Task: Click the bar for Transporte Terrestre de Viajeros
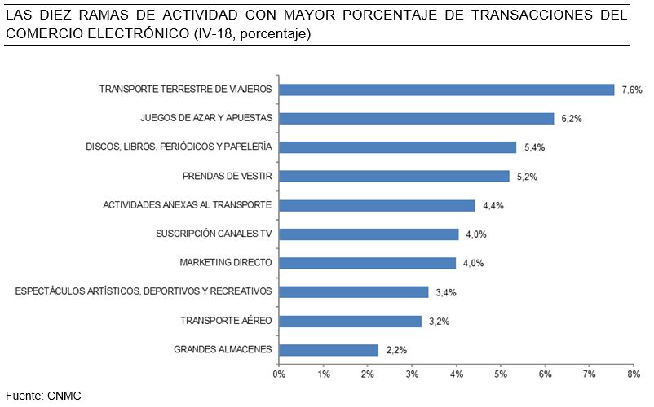coord(446,90)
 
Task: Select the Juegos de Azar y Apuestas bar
coord(416,118)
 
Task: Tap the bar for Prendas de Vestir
coord(394,176)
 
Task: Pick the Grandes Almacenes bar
coord(329,350)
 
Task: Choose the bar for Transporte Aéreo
coord(350,321)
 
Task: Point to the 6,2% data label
coord(569,119)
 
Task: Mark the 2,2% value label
coord(395,350)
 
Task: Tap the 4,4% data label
coord(492,206)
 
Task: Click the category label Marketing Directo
coord(226,263)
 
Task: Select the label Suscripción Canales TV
coord(214,234)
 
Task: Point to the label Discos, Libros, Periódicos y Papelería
coord(179,147)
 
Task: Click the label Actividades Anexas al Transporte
coord(187,205)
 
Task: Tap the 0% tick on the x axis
coord(279,374)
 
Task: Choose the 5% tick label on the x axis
coord(501,374)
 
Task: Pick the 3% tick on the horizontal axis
coord(412,374)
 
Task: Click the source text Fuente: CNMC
coord(44,395)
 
